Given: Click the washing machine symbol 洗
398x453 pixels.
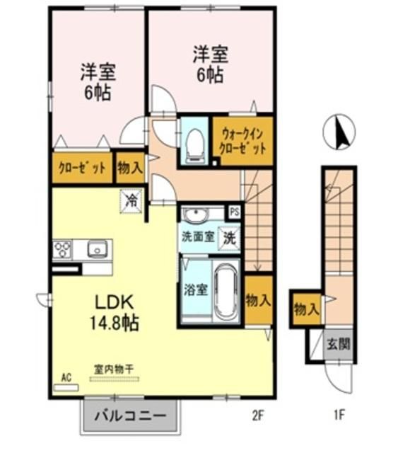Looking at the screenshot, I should point(230,239).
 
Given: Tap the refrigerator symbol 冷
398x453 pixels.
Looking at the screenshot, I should point(131,200).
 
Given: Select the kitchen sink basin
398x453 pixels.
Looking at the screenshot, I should point(97,248).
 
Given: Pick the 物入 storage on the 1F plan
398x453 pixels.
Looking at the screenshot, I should point(305,308).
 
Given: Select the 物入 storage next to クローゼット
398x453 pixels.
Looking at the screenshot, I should point(130,168).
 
